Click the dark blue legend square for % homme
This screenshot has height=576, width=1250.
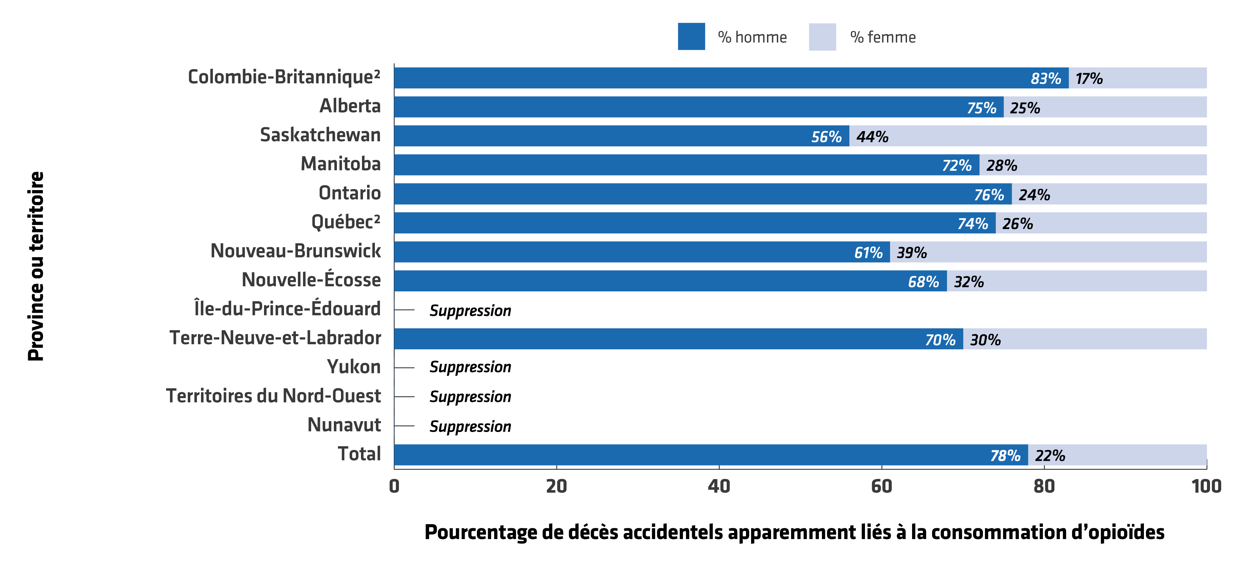point(691,36)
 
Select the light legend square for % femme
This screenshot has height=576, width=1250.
point(822,36)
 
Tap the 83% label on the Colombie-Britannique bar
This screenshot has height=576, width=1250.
point(1046,79)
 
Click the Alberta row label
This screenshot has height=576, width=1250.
point(350,106)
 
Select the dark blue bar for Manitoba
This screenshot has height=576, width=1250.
point(687,165)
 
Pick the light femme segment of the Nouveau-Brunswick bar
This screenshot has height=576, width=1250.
point(1048,252)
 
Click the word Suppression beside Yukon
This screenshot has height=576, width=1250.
point(470,367)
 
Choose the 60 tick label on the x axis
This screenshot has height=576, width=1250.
point(881,486)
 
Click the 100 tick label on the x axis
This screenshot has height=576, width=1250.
point(1206,486)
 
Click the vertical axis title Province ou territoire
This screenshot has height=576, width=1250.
point(36,266)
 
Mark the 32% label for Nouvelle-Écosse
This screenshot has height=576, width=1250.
point(969,282)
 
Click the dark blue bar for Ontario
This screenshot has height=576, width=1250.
point(703,193)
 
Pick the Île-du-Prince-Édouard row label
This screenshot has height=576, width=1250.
point(287,308)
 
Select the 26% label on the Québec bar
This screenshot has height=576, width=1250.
point(1017,224)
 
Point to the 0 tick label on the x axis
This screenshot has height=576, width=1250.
point(394,486)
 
